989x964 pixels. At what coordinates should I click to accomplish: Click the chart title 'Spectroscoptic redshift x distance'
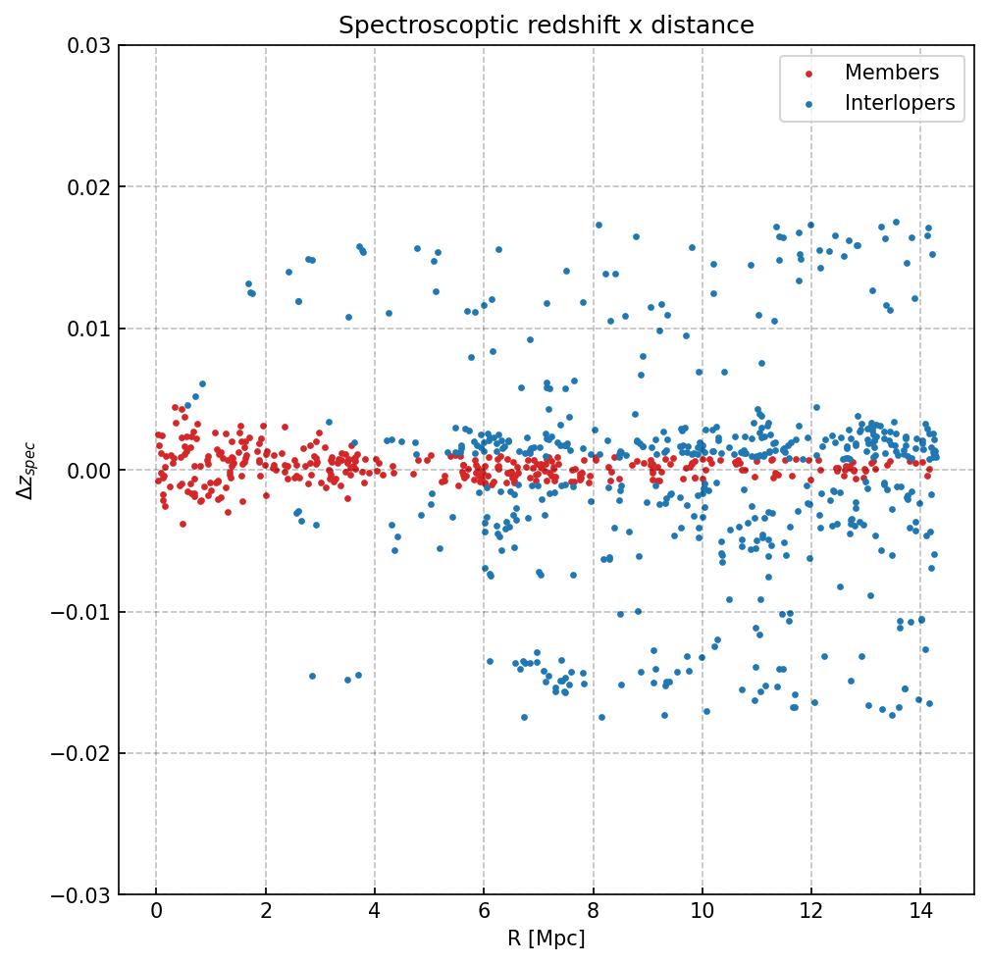[547, 25]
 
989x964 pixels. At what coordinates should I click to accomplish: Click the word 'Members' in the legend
[892, 73]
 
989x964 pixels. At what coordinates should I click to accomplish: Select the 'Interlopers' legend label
[900, 103]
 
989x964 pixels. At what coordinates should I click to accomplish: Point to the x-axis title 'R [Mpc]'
[547, 939]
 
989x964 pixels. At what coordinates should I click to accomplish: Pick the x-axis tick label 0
[156, 914]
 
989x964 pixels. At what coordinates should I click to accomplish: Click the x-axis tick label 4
[375, 914]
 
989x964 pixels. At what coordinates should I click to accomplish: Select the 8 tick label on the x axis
[593, 914]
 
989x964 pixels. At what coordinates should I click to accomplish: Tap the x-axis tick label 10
[702, 914]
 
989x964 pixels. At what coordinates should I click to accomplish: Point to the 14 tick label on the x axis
[920, 914]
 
